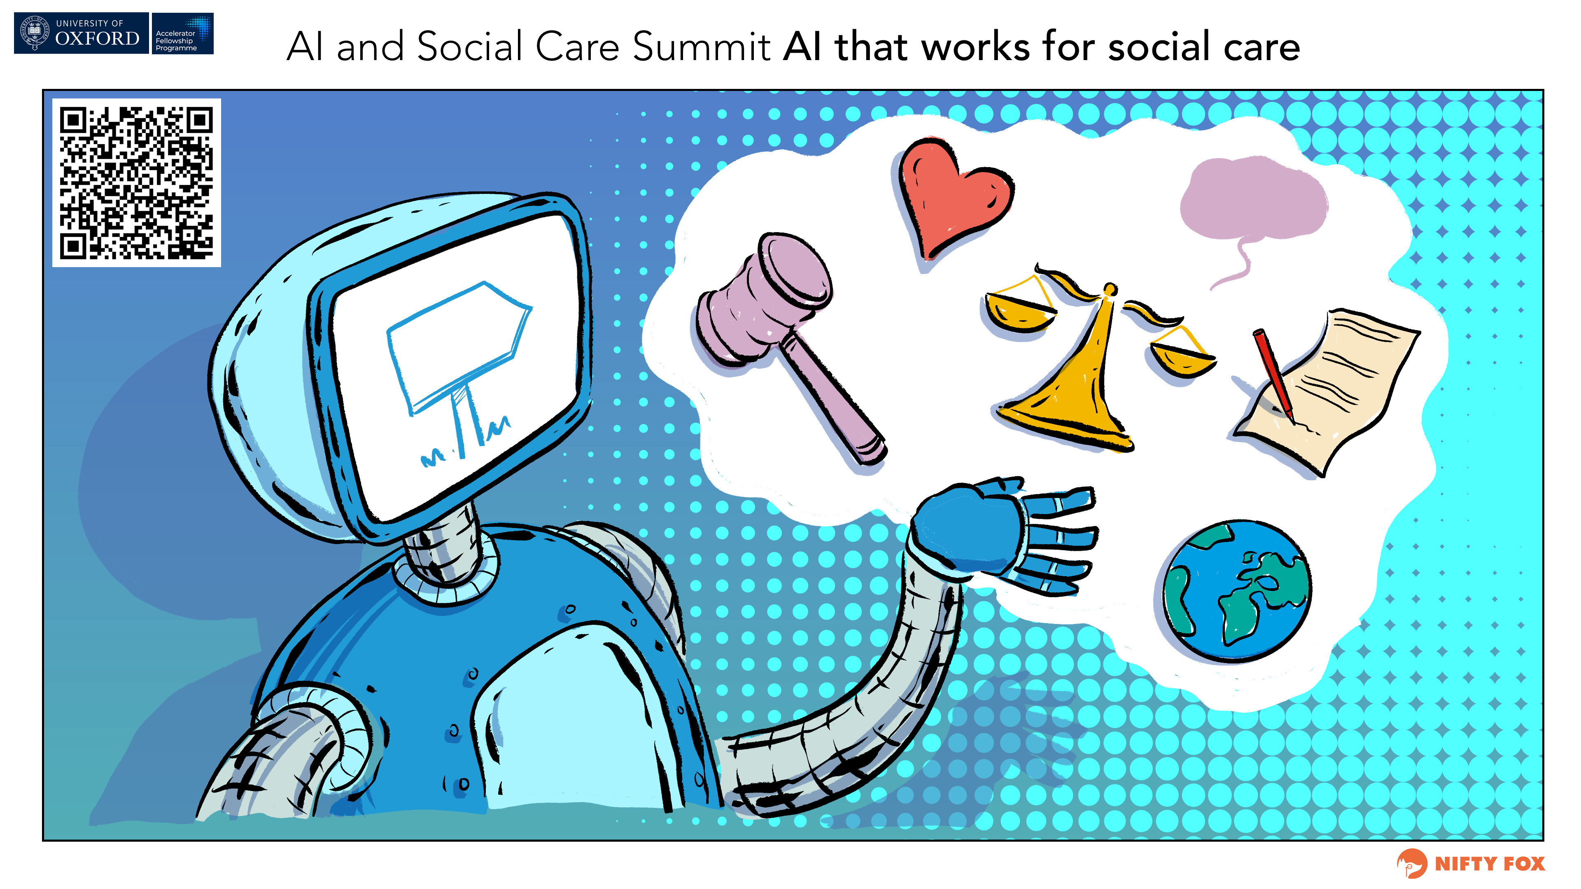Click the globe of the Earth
pyautogui.click(x=1237, y=592)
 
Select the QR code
pyautogui.click(x=136, y=183)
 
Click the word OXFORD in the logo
pyautogui.click(x=97, y=39)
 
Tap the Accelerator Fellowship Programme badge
pyautogui.click(x=182, y=34)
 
